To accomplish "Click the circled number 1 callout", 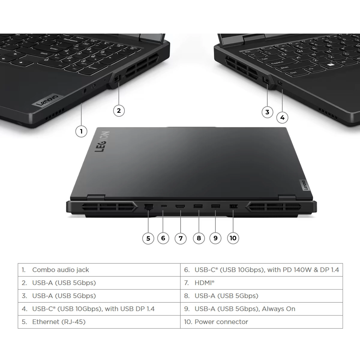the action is tap(81, 131).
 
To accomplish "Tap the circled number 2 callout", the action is tap(119, 111).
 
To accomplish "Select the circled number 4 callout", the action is tap(282, 118).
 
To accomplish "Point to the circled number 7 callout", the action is tap(181, 238).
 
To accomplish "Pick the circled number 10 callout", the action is tap(233, 238).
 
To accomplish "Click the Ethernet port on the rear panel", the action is tap(149, 207).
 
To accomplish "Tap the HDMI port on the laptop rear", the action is tap(180, 206).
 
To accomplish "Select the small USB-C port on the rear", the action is tap(164, 206).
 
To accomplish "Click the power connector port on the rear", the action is tap(233, 206).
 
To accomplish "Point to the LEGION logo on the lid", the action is tap(102, 141).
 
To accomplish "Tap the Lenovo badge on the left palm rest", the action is tap(48, 100).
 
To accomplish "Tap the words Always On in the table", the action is tap(278, 309).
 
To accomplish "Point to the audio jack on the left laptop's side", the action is tap(84, 91).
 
